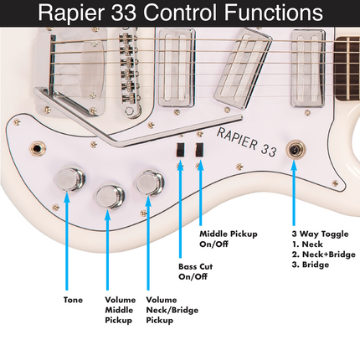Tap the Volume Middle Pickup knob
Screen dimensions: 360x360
pos(111,197)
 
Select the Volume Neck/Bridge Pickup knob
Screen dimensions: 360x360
pos(151,181)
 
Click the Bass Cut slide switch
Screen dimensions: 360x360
pos(179,150)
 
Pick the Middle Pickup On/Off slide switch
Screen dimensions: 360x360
pos(199,149)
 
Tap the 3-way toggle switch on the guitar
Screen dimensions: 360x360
pos(295,150)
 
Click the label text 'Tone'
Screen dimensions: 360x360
pos(73,299)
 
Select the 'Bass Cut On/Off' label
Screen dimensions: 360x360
pos(195,272)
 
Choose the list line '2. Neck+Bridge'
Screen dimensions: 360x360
pos(321,254)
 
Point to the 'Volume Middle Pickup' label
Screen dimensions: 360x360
pos(120,309)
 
